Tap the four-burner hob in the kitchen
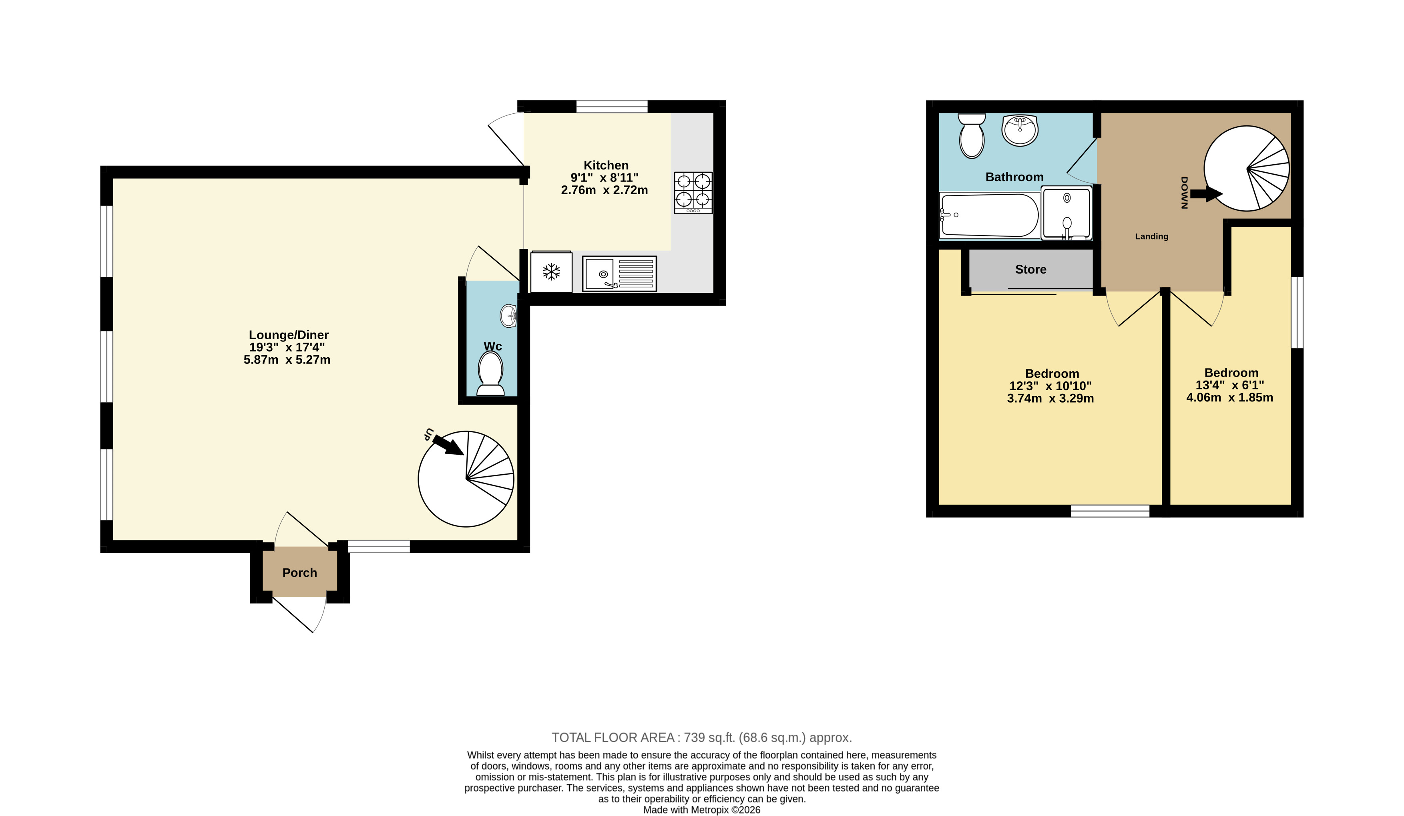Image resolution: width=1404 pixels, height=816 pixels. [693, 193]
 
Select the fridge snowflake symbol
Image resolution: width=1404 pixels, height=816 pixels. [551, 272]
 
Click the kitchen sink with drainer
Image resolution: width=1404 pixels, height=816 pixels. [619, 274]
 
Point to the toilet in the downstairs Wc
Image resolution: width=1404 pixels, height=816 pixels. [490, 373]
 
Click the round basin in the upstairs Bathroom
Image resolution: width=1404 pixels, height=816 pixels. [1020, 130]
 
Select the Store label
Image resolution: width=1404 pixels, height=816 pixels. [1031, 269]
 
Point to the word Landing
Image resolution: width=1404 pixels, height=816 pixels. [1152, 236]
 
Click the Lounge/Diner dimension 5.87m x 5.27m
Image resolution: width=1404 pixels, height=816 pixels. [287, 359]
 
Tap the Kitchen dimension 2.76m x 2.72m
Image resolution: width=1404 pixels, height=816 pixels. [605, 190]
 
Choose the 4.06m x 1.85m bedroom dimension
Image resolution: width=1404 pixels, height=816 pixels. [1229, 397]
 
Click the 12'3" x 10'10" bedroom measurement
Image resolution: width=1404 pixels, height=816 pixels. [1050, 386]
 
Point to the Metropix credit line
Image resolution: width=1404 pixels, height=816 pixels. [701, 810]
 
